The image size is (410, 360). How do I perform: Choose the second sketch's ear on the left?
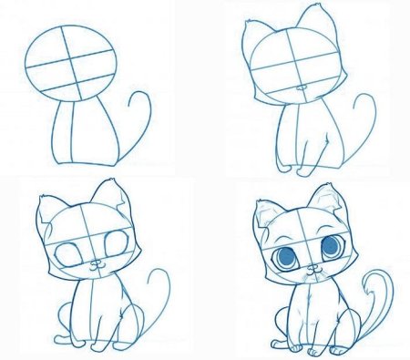pos(256,36)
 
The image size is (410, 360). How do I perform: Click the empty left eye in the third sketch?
pos(70,256)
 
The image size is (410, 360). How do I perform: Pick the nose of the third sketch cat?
pos(95,265)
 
